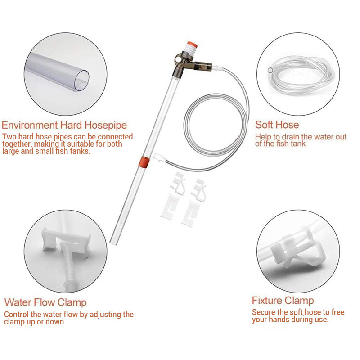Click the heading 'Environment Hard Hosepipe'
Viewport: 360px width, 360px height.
click(64, 126)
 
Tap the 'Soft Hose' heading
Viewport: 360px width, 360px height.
click(277, 125)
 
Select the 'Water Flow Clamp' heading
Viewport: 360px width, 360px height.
click(45, 302)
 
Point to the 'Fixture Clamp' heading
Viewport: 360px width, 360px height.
click(283, 301)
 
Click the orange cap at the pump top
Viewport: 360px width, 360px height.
click(193, 44)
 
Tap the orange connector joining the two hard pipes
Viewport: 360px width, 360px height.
click(144, 162)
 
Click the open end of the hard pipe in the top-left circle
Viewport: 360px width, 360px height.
click(81, 81)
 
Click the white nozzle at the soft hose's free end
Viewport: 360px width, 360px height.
click(158, 158)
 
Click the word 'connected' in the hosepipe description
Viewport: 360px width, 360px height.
click(115, 137)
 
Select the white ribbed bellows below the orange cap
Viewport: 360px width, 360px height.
click(191, 50)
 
